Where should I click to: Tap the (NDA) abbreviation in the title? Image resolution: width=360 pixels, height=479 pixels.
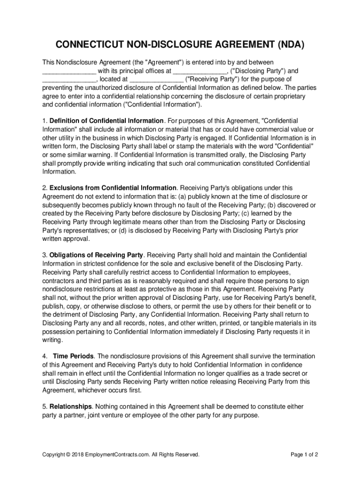tap(288, 45)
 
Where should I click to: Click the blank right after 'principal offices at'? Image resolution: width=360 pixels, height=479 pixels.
tap(200, 71)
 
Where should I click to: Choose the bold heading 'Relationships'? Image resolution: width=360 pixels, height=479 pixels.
tap(70, 406)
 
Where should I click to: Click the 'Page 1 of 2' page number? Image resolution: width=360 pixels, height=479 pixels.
tap(304, 455)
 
